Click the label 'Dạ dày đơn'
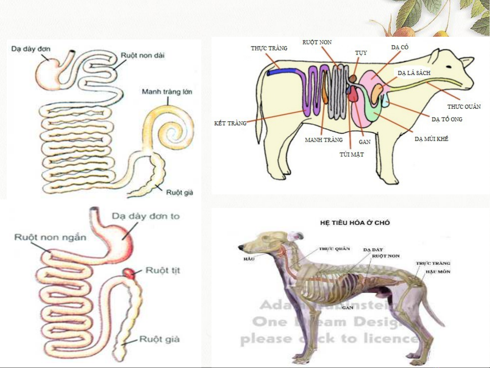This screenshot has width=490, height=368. click(31, 49)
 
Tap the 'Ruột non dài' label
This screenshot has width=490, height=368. click(142, 55)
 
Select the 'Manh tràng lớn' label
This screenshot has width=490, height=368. click(167, 92)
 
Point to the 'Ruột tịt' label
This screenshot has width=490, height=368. click(163, 270)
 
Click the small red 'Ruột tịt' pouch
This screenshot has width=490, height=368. click(129, 273)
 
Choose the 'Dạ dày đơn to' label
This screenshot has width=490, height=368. click(146, 216)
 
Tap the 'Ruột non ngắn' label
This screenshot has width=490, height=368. click(50, 237)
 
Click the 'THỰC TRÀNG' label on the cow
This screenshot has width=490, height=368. click(269, 48)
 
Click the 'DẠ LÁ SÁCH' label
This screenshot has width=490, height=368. click(414, 73)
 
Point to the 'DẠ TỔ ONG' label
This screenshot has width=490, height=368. click(447, 119)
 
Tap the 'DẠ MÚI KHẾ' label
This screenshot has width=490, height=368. click(431, 139)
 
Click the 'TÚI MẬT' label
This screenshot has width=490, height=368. click(352, 155)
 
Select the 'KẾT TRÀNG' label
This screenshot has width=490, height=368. click(230, 123)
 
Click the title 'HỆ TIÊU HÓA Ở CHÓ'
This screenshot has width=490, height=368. click(355, 223)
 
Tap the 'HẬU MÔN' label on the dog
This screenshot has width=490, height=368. click(438, 272)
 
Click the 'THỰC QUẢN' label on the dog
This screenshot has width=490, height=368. click(334, 249)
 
